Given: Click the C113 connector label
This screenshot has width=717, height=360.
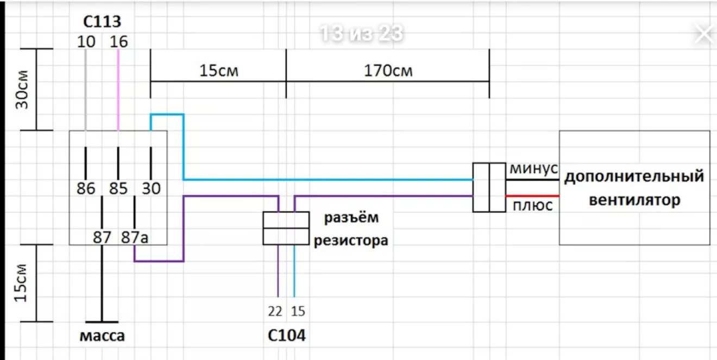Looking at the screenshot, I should tap(102, 22).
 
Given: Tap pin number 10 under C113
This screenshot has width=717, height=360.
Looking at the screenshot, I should tap(86, 41).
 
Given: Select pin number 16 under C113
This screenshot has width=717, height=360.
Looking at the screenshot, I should tap(118, 41).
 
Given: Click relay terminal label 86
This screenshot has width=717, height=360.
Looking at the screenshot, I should tap(86, 188).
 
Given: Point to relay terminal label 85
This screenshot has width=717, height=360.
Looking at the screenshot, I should tap(118, 188).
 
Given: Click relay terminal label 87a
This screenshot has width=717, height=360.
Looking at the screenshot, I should tap(134, 237).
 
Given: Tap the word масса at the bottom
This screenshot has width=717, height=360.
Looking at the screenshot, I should tap(102, 336).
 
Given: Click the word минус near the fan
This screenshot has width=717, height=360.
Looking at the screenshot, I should tap(533, 169).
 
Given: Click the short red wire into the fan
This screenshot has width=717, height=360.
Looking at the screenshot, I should tap(532, 195).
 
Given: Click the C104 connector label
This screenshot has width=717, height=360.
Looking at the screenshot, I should tap(286, 335).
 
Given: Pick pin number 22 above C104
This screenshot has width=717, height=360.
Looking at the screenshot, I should tap(275, 312).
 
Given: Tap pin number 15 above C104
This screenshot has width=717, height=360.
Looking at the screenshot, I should tap(298, 312).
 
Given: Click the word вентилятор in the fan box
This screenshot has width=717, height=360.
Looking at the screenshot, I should tap(634, 200).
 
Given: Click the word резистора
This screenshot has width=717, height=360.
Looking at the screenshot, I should tap(351, 240).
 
